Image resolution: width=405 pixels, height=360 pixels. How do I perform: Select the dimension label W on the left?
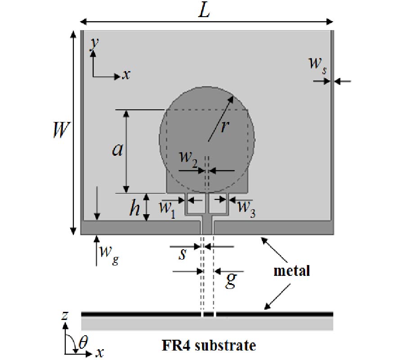click(x=61, y=130)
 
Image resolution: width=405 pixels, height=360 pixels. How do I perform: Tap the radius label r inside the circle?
click(x=225, y=127)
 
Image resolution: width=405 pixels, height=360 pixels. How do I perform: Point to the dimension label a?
click(x=118, y=150)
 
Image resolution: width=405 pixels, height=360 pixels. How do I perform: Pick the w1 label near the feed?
click(x=167, y=208)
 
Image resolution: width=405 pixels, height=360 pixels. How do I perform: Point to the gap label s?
click(x=182, y=254)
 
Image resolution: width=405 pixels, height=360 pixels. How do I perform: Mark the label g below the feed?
click(x=231, y=279)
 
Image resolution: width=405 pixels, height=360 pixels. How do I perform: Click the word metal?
click(x=292, y=271)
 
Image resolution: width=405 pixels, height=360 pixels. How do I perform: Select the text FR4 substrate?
click(x=209, y=346)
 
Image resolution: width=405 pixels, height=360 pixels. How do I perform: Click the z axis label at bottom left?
click(x=65, y=315)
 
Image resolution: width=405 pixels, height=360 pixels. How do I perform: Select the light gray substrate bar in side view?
click(x=207, y=324)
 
